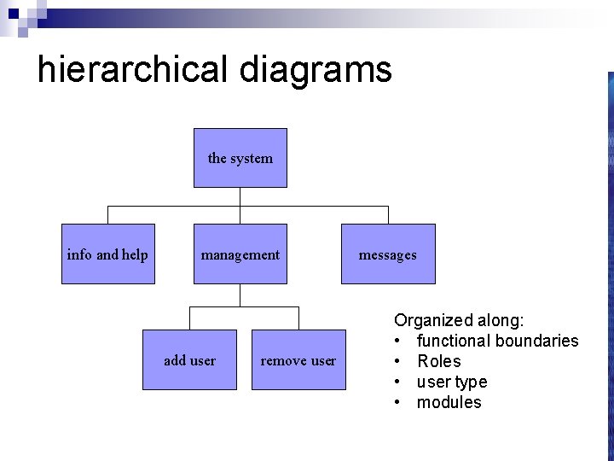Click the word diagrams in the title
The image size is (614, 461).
point(316,69)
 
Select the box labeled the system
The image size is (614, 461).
point(240,158)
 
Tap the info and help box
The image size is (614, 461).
point(107,254)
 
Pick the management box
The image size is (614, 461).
point(240,254)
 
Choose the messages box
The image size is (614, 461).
point(388,254)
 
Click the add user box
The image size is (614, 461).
point(189,360)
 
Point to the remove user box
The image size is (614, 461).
point(298,360)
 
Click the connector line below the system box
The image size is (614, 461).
point(240,197)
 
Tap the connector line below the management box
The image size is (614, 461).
point(240,296)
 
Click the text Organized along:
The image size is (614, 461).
point(459,321)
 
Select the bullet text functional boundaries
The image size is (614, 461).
point(497,341)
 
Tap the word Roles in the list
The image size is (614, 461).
point(438,362)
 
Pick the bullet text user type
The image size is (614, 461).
point(452,382)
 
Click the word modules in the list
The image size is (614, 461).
point(449,403)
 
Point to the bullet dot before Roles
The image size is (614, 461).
point(398,362)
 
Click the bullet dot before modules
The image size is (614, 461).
point(398,403)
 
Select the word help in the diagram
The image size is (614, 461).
point(136,254)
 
